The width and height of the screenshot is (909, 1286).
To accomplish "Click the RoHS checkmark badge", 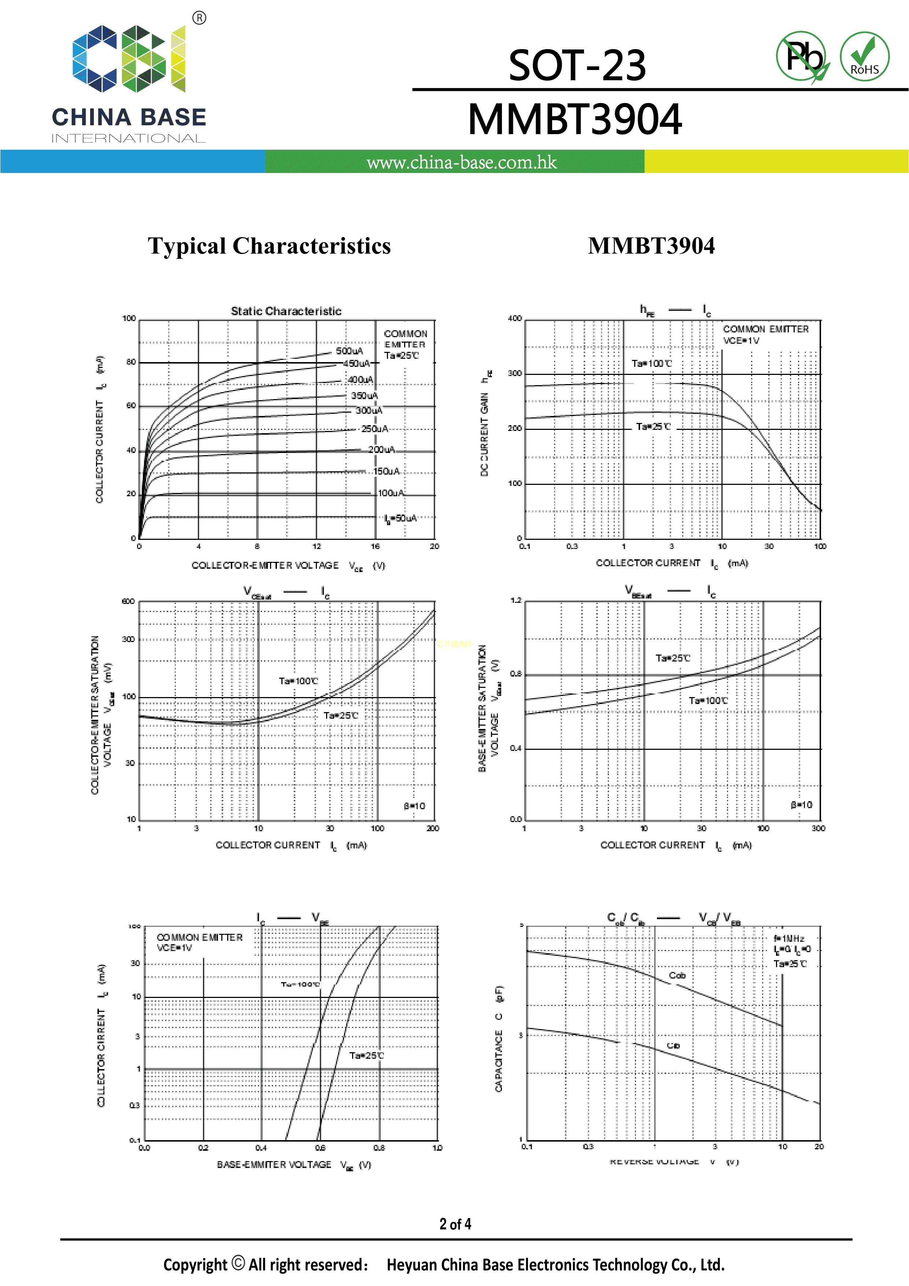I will pos(864,56).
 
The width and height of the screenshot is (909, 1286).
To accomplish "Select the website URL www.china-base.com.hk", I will pos(462,162).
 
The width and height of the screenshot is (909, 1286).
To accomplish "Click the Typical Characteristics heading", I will pos(269,246).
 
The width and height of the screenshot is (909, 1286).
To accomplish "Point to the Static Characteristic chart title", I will pos(286,311).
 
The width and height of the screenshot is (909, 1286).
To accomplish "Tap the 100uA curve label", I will pos(390,493).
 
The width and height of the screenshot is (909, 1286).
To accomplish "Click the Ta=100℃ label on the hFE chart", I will pos(652,364).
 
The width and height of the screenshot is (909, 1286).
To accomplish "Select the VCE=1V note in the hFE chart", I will pos(741,340).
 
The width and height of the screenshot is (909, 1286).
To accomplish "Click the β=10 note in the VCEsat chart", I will pos(414,806).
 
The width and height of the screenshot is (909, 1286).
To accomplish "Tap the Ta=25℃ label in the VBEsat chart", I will pos(673,658).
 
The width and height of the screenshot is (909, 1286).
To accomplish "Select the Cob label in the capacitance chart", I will pos(677,975).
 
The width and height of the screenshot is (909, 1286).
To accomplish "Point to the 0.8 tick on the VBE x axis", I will pos(379,1148).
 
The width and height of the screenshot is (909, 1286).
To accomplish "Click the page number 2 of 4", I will pos(455,1224).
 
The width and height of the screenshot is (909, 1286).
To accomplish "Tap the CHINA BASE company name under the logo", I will pos(129,118).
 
